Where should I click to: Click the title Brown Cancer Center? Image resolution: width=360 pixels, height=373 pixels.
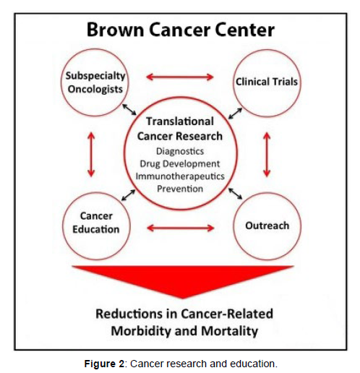[x=181, y=30]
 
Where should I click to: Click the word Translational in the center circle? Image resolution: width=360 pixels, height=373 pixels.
[x=180, y=121]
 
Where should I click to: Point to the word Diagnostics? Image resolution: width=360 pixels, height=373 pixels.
[x=180, y=151]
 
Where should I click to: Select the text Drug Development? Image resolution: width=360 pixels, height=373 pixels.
[x=180, y=164]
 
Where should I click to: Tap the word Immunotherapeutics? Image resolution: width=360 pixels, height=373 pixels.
[x=180, y=176]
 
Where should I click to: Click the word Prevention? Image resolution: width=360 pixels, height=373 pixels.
[x=180, y=189]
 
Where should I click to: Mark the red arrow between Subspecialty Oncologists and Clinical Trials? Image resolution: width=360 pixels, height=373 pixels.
[x=180, y=77]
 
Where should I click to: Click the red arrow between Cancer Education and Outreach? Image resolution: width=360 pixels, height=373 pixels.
[x=181, y=228]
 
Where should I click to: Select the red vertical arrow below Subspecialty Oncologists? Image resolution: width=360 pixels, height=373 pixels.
[x=91, y=155]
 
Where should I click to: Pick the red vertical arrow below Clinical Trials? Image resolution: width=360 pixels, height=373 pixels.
[x=267, y=155]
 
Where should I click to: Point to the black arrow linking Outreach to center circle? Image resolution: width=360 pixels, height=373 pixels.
[x=235, y=194]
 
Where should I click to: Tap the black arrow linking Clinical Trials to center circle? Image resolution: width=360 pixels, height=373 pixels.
[x=235, y=113]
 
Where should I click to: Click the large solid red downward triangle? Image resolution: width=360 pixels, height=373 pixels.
[x=183, y=280]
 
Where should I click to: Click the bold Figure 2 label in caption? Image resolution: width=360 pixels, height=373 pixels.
[x=104, y=364]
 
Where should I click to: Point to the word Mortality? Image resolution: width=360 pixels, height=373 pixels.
[x=229, y=331]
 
